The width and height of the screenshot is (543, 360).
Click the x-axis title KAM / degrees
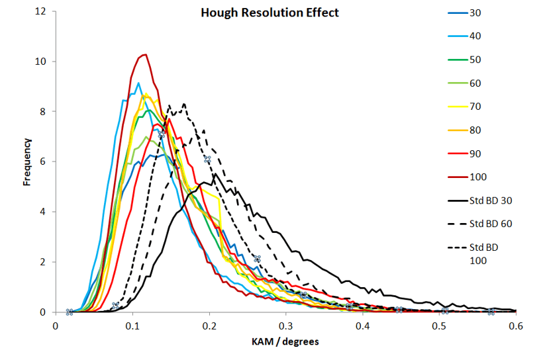[285, 342]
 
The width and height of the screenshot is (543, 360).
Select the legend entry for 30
[474, 13]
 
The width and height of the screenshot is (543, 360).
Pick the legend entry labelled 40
[474, 36]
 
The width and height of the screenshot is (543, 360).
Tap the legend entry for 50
[474, 60]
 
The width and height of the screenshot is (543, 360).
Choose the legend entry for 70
[474, 107]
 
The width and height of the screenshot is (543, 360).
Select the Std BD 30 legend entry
[489, 200]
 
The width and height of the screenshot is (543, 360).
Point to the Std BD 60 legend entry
[489, 224]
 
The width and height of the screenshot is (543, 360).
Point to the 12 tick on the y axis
[42, 12]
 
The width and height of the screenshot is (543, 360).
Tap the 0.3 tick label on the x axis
[285, 325]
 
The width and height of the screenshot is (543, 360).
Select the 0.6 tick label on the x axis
[517, 325]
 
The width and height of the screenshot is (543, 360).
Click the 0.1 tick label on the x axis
[132, 325]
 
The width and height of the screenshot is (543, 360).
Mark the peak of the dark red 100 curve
[145, 54]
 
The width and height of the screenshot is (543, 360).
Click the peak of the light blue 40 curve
[138, 83]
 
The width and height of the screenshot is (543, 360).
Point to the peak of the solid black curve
[215, 174]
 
